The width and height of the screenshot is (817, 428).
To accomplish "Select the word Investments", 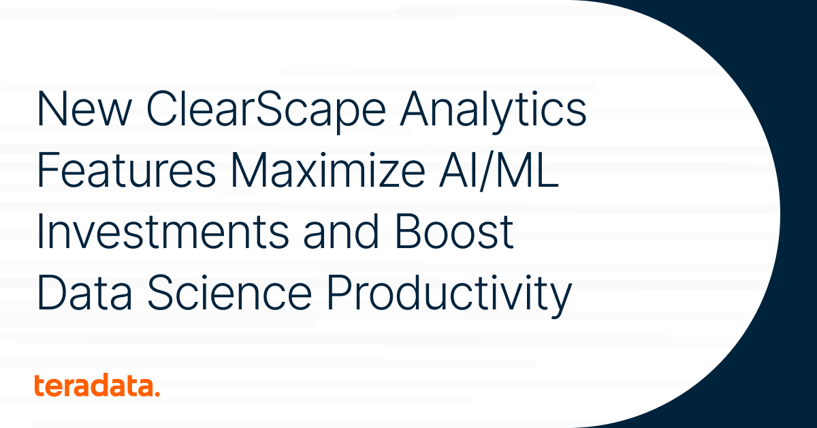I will [x=163, y=232].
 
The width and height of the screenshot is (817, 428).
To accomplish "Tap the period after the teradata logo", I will [x=157, y=393].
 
